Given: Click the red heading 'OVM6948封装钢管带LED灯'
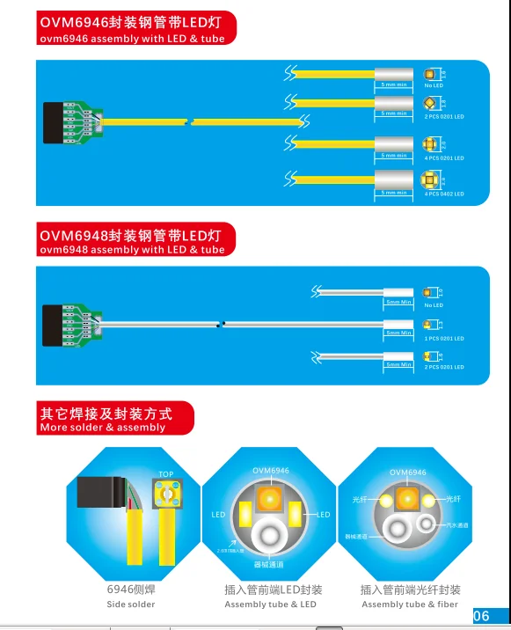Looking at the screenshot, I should click(x=131, y=235).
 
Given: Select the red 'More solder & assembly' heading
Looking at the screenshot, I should click(x=102, y=428).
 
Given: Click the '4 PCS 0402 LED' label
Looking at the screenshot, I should click(x=443, y=194).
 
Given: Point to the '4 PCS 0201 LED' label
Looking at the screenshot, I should click(x=443, y=158).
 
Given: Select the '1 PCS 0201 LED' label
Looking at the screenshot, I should click(x=443, y=338).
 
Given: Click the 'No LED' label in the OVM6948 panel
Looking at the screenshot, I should click(x=434, y=305).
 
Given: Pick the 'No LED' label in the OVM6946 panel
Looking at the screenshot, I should click(x=434, y=85).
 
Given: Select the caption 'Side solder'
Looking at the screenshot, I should click(x=130, y=604).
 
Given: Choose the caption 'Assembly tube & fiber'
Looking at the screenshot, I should click(x=410, y=604).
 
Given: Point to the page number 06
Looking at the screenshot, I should click(x=482, y=616).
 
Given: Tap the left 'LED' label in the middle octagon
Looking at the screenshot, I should click(x=218, y=514).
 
